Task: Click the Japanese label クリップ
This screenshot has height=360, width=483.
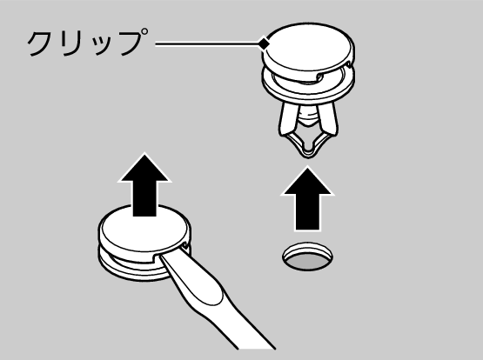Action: tap(88, 43)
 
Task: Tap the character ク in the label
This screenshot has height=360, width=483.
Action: tap(42, 43)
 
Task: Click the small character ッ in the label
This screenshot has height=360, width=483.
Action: tap(104, 47)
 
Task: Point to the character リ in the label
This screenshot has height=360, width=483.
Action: tap(74, 43)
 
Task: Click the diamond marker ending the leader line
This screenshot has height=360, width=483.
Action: tap(264, 44)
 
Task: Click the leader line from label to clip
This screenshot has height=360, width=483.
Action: tap(207, 44)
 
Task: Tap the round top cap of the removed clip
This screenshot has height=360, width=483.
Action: tap(308, 50)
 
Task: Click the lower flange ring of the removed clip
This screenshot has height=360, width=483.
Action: tap(308, 91)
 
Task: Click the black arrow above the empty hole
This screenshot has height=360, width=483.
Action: tap(308, 199)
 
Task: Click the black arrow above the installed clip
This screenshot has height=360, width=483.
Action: tap(144, 185)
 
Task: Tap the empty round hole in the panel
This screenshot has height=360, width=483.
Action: tap(308, 257)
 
